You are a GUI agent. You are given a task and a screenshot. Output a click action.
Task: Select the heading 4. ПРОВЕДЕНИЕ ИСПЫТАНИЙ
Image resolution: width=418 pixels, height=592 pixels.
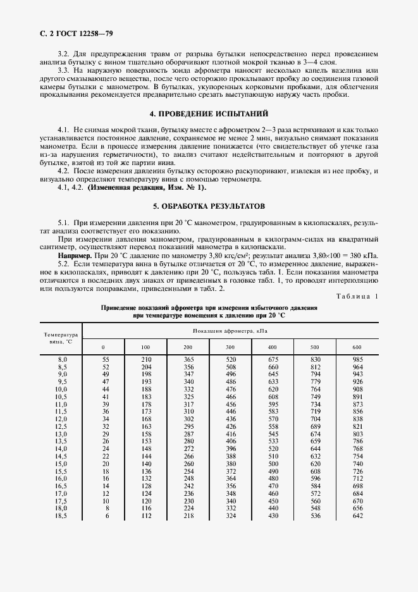pyautogui.click(x=208, y=114)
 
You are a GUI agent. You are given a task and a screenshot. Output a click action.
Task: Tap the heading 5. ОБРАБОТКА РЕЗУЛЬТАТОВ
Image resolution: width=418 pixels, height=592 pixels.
pyautogui.click(x=208, y=206)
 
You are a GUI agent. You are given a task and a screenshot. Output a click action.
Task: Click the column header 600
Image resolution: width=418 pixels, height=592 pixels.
pyautogui.click(x=357, y=347)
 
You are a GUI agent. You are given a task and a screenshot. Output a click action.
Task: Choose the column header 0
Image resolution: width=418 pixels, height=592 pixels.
pyautogui.click(x=104, y=347)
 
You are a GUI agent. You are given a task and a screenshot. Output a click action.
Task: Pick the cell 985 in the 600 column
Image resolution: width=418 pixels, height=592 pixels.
pyautogui.click(x=357, y=359)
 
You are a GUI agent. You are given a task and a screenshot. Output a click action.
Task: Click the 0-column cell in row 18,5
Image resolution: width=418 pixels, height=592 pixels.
pyautogui.click(x=106, y=515)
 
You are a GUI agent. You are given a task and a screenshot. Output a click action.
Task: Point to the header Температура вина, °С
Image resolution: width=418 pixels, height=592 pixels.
pyautogui.click(x=61, y=338)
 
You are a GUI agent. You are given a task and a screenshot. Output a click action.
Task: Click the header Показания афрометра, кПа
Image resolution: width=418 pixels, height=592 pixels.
pyautogui.click(x=231, y=330)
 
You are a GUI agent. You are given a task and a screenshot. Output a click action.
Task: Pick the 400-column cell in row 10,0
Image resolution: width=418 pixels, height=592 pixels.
pyautogui.click(x=273, y=389)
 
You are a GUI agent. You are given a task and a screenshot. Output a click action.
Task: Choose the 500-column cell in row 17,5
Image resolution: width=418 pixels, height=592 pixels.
pyautogui.click(x=315, y=500)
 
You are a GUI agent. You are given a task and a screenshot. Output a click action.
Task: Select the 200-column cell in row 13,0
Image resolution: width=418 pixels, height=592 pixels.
pyautogui.click(x=188, y=433)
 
